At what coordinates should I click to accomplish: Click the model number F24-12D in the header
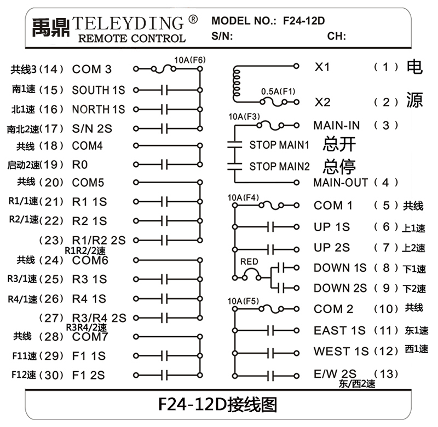(x=304, y=21)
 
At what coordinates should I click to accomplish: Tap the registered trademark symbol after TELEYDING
(x=193, y=20)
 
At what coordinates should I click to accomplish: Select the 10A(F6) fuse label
(x=189, y=60)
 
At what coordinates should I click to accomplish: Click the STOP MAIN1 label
(x=279, y=145)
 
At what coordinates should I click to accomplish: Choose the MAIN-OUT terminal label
(x=341, y=182)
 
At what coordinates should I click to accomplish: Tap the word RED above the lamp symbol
(x=249, y=262)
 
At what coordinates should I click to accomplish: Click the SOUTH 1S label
(x=99, y=90)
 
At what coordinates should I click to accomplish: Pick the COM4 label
(x=88, y=146)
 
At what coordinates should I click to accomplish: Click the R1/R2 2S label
(x=99, y=240)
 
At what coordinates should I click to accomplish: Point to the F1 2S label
(x=89, y=375)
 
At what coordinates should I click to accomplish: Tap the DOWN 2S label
(x=340, y=288)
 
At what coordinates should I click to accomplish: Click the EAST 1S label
(x=339, y=330)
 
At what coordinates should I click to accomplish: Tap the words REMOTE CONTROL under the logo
(x=132, y=38)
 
